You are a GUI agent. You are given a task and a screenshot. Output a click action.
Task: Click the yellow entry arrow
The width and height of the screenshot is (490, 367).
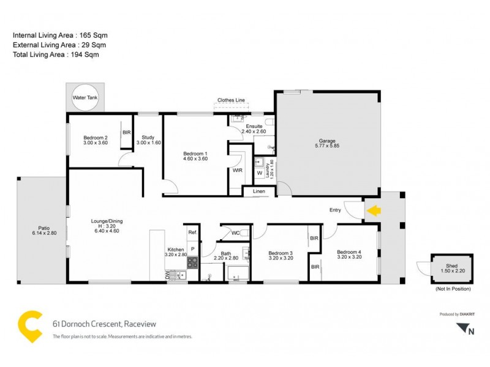tap(372, 210)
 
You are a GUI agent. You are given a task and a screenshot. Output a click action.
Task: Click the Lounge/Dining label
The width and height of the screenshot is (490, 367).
tap(106, 223)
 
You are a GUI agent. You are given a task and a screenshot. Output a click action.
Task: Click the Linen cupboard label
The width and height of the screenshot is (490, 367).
tap(259, 192)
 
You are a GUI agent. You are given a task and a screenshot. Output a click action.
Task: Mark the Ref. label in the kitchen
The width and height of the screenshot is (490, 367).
tap(192, 232)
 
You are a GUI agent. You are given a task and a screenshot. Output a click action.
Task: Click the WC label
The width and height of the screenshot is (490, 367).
tap(236, 232)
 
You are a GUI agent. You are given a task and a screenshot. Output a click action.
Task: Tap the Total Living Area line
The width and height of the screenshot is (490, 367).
tap(56, 54)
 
